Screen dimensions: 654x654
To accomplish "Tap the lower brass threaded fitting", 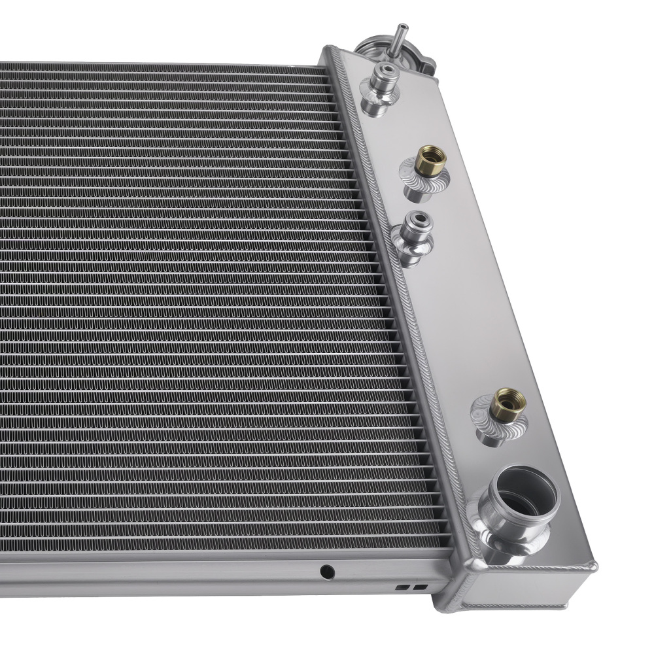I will pos(507,404).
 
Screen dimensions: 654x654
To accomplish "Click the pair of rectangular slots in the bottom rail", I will pos(403,587).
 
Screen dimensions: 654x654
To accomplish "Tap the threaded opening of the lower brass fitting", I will pos(509,397).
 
